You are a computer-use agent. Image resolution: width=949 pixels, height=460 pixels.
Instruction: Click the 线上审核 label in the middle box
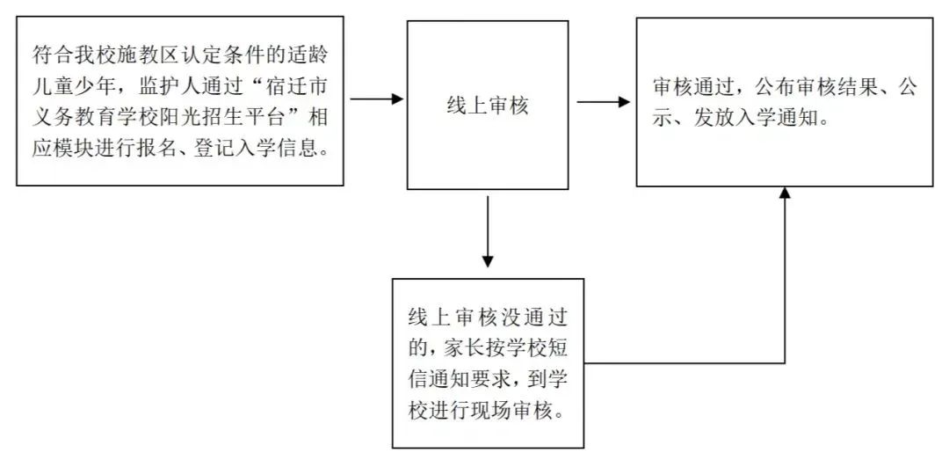(x=487, y=106)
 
